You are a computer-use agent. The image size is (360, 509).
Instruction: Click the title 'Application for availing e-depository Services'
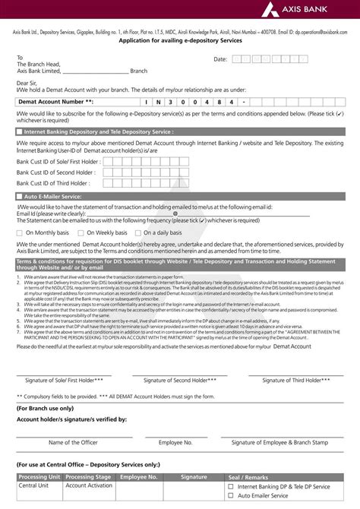point(180,42)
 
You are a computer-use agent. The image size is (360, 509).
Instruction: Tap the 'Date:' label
point(220,58)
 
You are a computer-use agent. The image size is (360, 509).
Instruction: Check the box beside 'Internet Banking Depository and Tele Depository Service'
point(18,131)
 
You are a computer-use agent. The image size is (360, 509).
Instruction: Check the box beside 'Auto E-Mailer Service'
point(18,195)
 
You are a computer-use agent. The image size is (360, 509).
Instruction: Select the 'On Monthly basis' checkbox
point(20,232)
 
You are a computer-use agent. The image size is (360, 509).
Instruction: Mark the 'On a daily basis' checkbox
point(137,232)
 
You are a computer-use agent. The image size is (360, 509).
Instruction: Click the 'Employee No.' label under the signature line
point(175,441)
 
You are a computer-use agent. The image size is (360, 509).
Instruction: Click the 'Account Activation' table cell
point(90,485)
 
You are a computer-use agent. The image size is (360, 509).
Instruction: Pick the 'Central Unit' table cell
point(34,485)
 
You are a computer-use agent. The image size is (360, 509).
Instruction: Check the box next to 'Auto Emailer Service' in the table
point(231,495)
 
